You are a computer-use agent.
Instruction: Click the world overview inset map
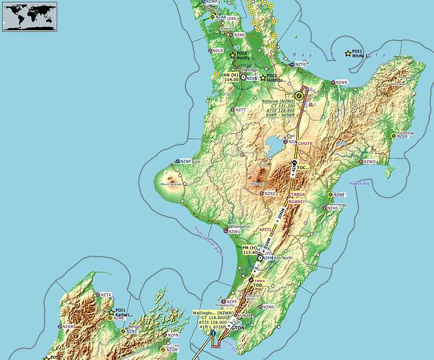pyautogui.click(x=29, y=16)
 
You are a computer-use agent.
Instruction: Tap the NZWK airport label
pyautogui.click(x=342, y=83)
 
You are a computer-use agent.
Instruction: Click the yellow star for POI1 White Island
pyautogui.click(x=348, y=53)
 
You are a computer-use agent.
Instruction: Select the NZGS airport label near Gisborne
pyautogui.click(x=403, y=136)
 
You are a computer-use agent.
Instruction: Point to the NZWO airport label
pyautogui.click(x=369, y=161)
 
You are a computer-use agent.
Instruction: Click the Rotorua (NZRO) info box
pyautogui.click(x=279, y=109)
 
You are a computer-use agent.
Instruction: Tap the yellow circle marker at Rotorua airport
pyautogui.click(x=299, y=96)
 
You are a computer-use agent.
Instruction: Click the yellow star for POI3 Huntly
pyautogui.click(x=233, y=55)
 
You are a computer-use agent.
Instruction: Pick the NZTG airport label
pyautogui.click(x=301, y=64)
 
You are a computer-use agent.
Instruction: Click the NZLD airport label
pyautogui.click(x=218, y=50)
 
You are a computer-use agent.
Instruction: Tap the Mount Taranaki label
pyautogui.click(x=171, y=184)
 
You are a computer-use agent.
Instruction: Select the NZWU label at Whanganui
pyautogui.click(x=235, y=231)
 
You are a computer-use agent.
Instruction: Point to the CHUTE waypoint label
pyautogui.click(x=304, y=144)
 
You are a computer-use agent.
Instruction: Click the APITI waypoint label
pyautogui.click(x=275, y=230)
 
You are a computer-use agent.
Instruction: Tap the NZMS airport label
pyautogui.click(x=269, y=307)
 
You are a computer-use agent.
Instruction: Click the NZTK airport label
pyautogui.click(x=106, y=295)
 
